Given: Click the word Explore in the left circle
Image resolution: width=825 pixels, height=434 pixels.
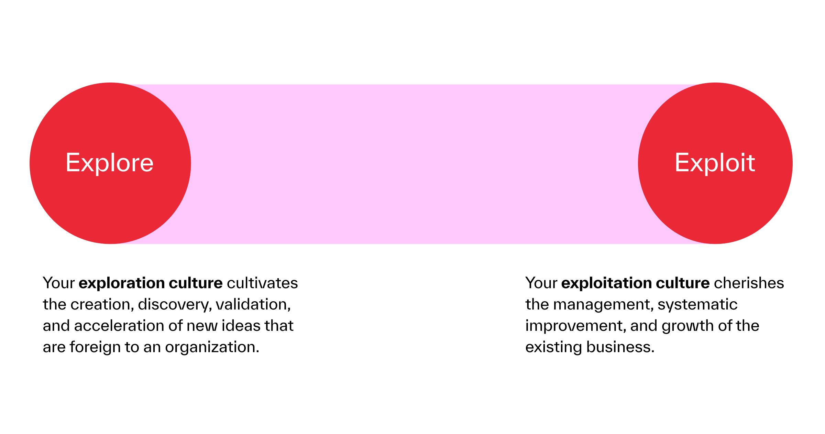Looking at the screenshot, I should tap(109, 163).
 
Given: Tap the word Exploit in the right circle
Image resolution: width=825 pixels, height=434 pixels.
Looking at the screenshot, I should tap(715, 163).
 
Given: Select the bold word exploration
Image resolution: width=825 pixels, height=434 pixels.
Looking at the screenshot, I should tap(121, 283).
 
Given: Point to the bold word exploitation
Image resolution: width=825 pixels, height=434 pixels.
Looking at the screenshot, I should tap(606, 283).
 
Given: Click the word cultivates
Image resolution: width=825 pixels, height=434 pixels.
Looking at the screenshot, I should tap(262, 283).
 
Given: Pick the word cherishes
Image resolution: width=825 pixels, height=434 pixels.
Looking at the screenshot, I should tap(749, 283).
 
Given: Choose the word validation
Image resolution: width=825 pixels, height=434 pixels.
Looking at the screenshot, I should tap(253, 304).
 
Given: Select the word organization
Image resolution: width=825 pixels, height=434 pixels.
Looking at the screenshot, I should tap(212, 347).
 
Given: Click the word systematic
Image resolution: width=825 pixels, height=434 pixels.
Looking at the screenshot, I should tap(697, 305).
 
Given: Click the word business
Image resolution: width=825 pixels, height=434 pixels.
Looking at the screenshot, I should tap(620, 347).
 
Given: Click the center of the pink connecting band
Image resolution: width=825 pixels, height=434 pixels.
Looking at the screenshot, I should tap(412, 164).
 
